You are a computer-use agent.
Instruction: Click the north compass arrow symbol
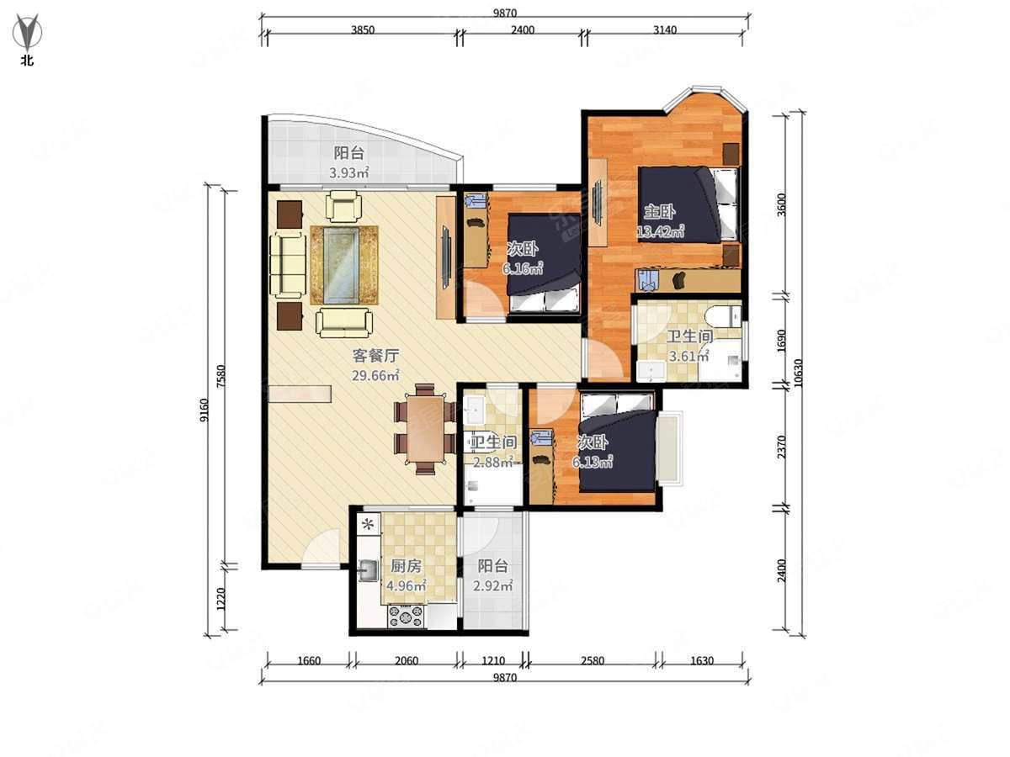(27, 32)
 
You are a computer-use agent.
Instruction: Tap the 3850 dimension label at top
(363, 30)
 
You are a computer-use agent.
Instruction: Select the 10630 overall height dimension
(798, 373)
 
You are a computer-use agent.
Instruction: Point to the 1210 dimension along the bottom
(493, 661)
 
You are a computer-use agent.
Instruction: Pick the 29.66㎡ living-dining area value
(375, 375)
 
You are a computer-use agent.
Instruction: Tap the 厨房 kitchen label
(406, 566)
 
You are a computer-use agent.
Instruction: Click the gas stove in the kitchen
(406, 617)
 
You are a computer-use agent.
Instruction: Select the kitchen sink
(368, 571)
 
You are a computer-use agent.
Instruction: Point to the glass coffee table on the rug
(341, 265)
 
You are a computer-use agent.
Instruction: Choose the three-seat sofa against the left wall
(288, 265)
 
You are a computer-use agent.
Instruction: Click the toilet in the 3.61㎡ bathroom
(722, 316)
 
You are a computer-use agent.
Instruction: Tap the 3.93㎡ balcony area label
(348, 173)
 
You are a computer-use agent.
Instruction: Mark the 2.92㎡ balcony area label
(493, 586)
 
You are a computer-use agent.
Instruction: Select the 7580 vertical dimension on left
(221, 377)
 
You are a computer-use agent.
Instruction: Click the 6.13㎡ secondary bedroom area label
(593, 462)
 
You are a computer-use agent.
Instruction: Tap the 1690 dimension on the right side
(781, 341)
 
